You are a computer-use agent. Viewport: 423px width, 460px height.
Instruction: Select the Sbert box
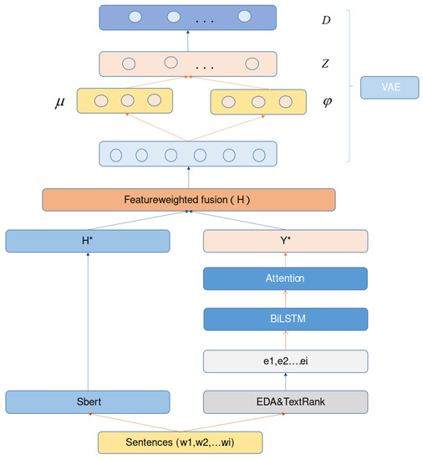click(x=88, y=401)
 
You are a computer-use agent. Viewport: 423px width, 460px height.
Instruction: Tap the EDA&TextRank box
click(x=286, y=401)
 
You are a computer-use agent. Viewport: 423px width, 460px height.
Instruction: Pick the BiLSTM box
click(x=286, y=319)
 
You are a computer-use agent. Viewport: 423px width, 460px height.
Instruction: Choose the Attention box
click(x=286, y=279)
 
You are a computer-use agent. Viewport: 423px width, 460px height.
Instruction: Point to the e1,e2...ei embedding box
click(x=286, y=360)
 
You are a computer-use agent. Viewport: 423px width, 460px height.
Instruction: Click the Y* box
click(x=286, y=241)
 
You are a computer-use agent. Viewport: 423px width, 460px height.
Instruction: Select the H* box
click(x=88, y=241)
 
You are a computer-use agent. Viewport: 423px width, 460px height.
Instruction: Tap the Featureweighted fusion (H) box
click(x=188, y=200)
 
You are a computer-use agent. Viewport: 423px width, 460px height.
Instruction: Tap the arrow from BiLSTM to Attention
click(x=286, y=299)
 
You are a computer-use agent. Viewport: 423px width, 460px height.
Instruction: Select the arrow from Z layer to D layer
click(x=188, y=41)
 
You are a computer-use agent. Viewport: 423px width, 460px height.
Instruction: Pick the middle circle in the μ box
click(x=127, y=100)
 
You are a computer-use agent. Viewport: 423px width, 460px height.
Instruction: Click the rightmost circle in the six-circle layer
click(x=259, y=155)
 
